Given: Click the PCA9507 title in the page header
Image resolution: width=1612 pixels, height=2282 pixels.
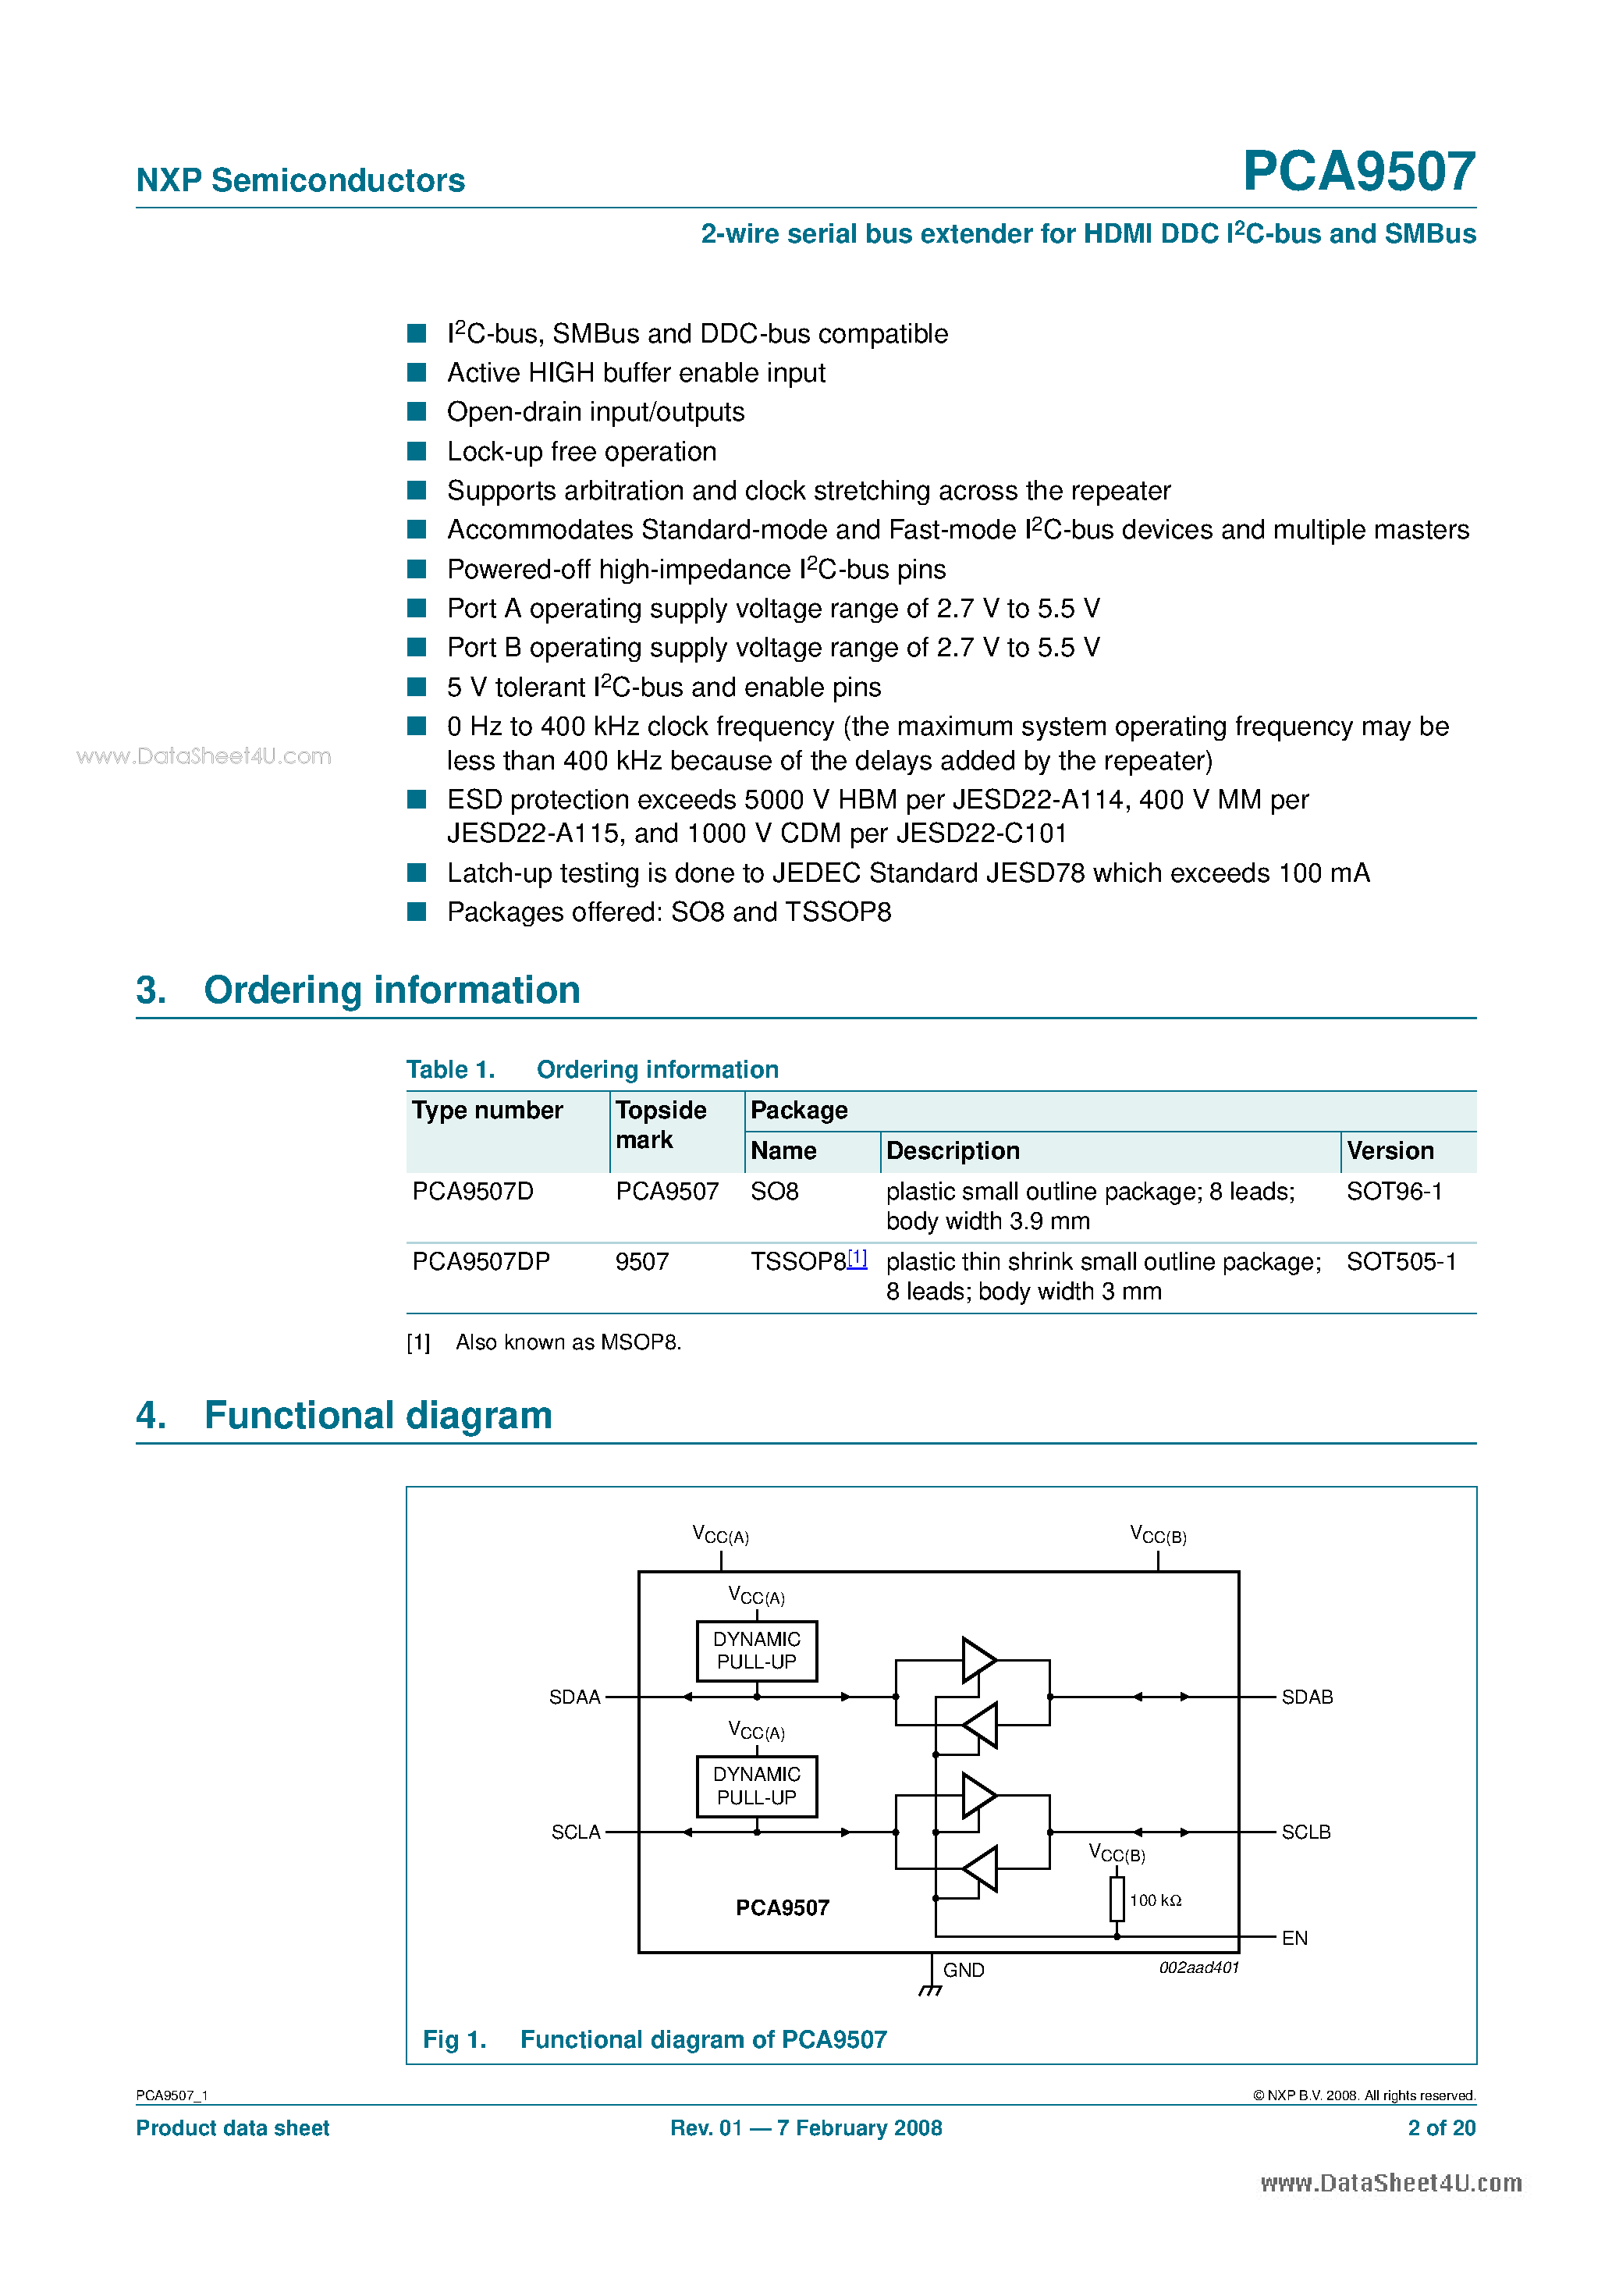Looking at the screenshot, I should (x=1358, y=171).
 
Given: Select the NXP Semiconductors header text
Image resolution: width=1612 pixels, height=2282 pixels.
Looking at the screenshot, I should (x=300, y=180).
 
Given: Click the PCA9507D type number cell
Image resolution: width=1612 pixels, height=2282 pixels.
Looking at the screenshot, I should (x=473, y=1191).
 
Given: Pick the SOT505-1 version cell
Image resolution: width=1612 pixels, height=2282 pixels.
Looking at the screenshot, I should (x=1401, y=1261).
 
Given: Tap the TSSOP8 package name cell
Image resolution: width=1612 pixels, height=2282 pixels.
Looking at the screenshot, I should (x=797, y=1261).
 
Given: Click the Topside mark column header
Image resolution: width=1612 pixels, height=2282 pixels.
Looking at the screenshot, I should (x=661, y=1124).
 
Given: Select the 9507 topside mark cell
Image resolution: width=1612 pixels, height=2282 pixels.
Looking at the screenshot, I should (x=642, y=1261).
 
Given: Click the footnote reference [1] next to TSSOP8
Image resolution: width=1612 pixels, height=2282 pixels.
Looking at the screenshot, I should (x=857, y=1257).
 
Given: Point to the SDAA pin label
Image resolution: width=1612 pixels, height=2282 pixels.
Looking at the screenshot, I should (x=574, y=1697).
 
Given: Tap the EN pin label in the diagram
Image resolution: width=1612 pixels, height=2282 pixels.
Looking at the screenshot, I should (x=1294, y=1938).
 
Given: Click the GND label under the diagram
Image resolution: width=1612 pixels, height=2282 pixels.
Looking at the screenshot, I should (x=963, y=1970).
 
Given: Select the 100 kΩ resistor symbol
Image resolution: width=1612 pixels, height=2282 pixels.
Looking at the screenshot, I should (x=1117, y=1900).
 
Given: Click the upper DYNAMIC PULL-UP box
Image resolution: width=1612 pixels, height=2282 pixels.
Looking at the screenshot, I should (x=756, y=1651).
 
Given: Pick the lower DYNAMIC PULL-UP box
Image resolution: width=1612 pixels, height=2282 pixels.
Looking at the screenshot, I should (x=756, y=1786).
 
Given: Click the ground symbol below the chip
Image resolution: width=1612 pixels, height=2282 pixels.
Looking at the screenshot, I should (x=930, y=1990).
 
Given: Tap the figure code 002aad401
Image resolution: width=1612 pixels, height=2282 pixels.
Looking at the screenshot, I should (x=1198, y=1968).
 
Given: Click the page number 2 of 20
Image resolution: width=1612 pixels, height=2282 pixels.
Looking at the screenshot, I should (x=1441, y=2128).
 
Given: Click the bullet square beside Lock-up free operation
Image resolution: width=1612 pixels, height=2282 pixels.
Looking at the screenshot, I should (x=417, y=451).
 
